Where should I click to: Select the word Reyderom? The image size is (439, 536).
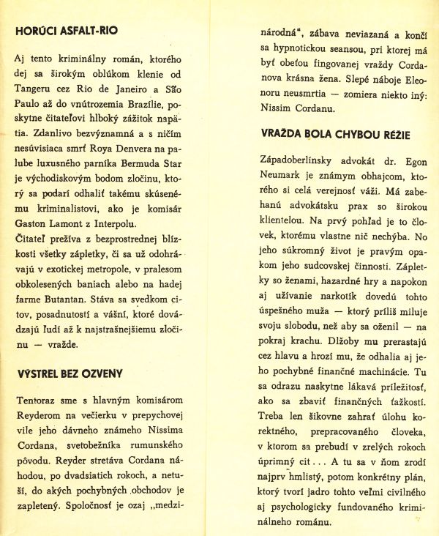pyautogui.click(x=42, y=414)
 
